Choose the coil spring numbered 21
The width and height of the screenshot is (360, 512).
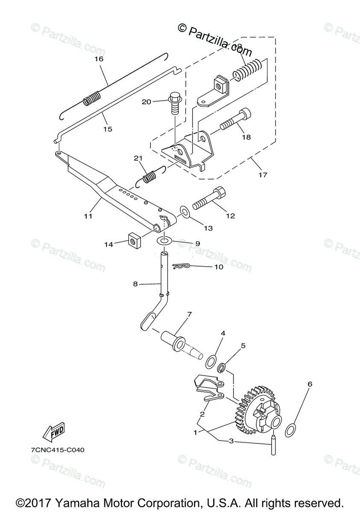click(149, 176)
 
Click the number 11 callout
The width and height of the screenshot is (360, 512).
click(88, 216)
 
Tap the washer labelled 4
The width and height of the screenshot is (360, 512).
click(211, 361)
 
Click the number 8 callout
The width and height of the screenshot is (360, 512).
click(135, 283)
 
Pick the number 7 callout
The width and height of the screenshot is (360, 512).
click(189, 314)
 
